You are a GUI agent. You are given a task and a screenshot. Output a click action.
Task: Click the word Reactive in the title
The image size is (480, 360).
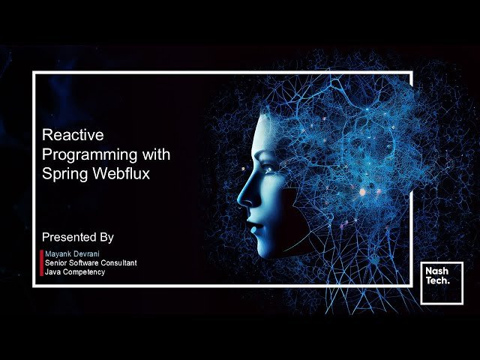tap(73, 136)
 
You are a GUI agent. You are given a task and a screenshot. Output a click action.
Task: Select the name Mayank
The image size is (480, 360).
tap(58, 254)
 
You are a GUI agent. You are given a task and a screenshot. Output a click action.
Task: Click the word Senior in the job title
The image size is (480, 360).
tap(56, 263)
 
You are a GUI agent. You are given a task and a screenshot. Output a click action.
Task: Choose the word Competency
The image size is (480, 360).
tap(84, 271)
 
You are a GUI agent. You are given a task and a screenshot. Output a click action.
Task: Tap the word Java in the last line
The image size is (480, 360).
tap(52, 271)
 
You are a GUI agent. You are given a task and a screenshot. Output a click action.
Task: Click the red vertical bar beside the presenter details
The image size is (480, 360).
tap(41, 263)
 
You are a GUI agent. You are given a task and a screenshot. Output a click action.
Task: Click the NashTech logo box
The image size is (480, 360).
tap(441, 283)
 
